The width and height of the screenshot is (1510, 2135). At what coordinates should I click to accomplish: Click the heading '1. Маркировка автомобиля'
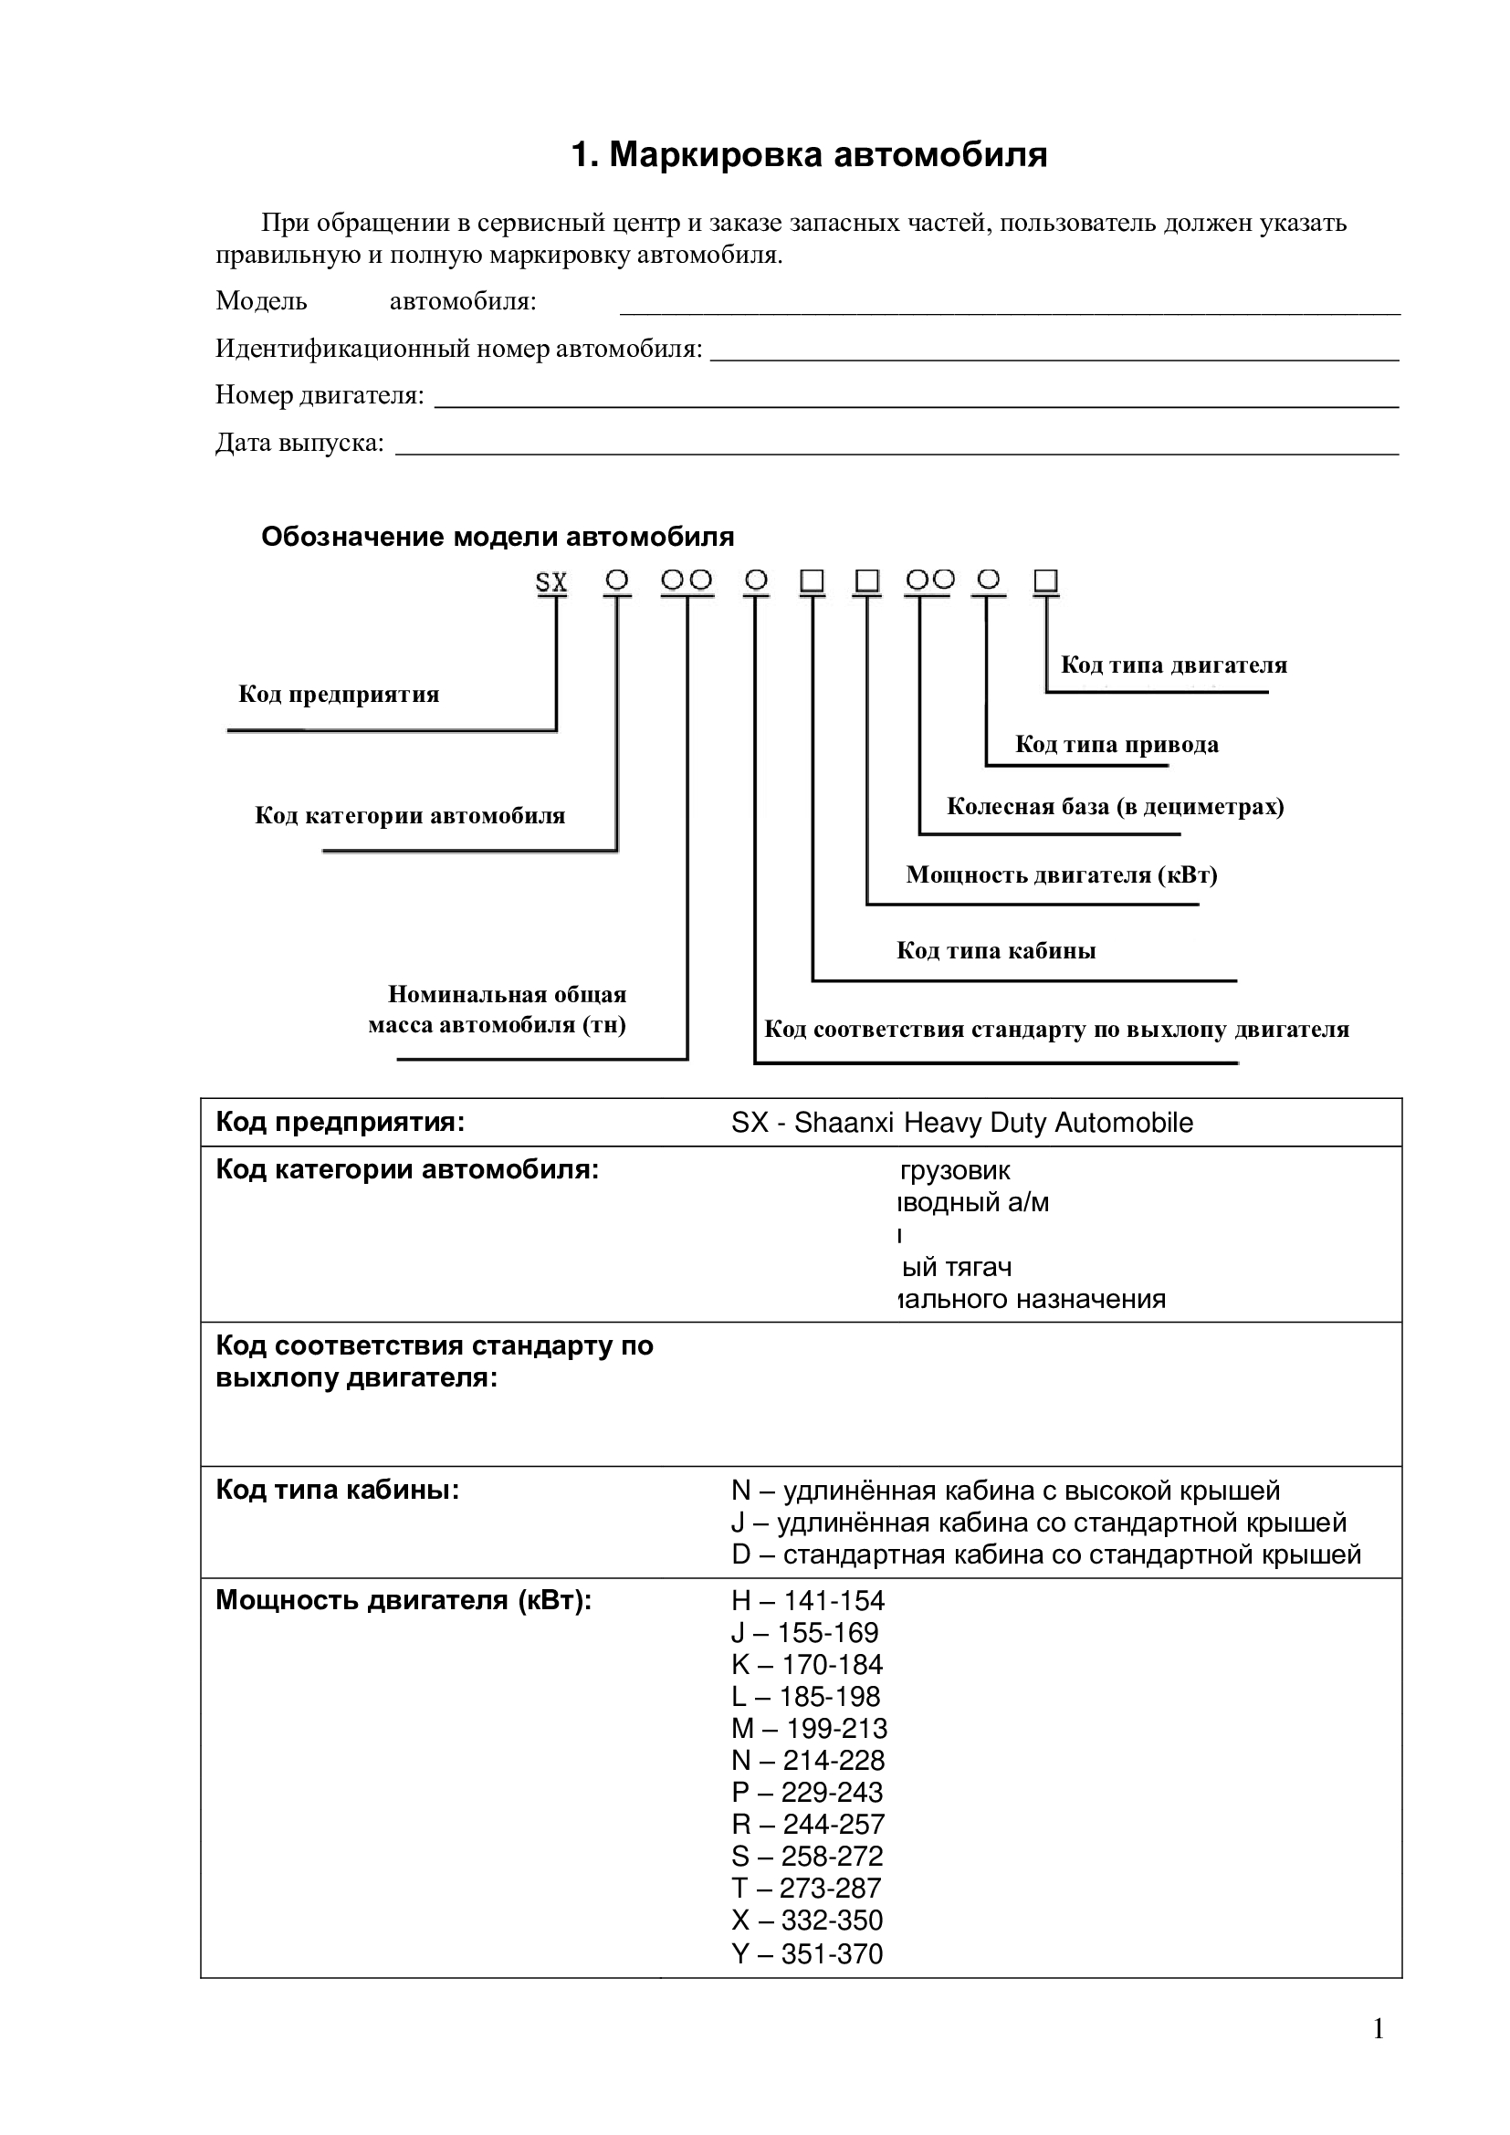tap(809, 155)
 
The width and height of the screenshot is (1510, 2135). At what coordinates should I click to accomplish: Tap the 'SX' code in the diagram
tap(551, 583)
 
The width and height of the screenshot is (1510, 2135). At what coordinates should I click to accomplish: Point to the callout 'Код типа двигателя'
tap(1173, 665)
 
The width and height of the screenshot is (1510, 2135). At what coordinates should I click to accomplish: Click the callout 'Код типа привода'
tap(1116, 744)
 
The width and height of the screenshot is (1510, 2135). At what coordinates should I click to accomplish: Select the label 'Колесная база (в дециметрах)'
tap(1115, 806)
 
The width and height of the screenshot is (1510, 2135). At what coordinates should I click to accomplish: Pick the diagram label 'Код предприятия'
tap(339, 695)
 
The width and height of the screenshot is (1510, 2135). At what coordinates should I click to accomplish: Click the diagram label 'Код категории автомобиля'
tap(410, 815)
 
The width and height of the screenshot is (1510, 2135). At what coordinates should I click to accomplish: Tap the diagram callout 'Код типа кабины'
tap(996, 950)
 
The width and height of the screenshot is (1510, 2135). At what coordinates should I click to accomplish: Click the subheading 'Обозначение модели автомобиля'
tap(498, 538)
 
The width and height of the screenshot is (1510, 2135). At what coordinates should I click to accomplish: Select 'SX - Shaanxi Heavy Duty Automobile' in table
tap(961, 1124)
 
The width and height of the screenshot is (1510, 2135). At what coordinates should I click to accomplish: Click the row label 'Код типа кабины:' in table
tap(338, 1491)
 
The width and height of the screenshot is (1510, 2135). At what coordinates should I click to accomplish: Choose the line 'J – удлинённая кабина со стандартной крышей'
tap(1038, 1523)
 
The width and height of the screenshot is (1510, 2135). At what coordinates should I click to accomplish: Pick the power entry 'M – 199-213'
tap(809, 1729)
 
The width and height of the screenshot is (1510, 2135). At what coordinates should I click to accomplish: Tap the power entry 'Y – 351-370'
tap(807, 1953)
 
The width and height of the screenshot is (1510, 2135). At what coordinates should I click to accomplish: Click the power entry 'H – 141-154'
tap(808, 1601)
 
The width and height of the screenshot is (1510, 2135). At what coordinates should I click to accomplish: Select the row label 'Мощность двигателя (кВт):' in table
tap(404, 1600)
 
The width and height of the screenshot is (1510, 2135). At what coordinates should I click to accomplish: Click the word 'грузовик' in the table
tap(955, 1171)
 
